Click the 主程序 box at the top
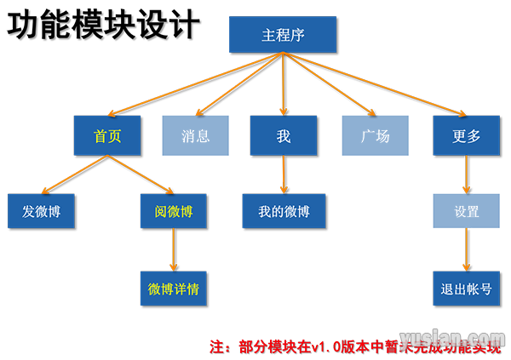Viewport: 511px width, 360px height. pyautogui.click(x=283, y=35)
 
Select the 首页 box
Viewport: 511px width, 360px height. pyautogui.click(x=107, y=135)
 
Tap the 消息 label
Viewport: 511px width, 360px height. pyautogui.click(x=195, y=135)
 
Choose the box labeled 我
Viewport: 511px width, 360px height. pyautogui.click(x=284, y=135)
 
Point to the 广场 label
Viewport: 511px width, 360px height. pyautogui.click(x=375, y=135)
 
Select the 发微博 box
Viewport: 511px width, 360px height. pyautogui.click(x=41, y=211)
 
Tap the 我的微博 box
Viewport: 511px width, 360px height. pyautogui.click(x=284, y=211)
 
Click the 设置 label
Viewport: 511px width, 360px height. pyautogui.click(x=467, y=211)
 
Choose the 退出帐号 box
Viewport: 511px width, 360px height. pyautogui.click(x=467, y=288)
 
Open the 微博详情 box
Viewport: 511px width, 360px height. pyautogui.click(x=174, y=288)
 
